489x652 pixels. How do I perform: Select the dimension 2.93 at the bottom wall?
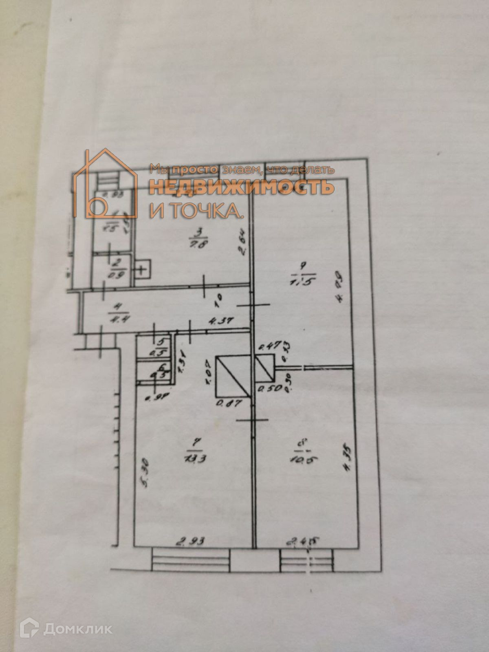click(x=190, y=541)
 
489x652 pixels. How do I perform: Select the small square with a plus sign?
click(x=141, y=269)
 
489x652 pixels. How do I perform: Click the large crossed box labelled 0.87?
click(x=233, y=376)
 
